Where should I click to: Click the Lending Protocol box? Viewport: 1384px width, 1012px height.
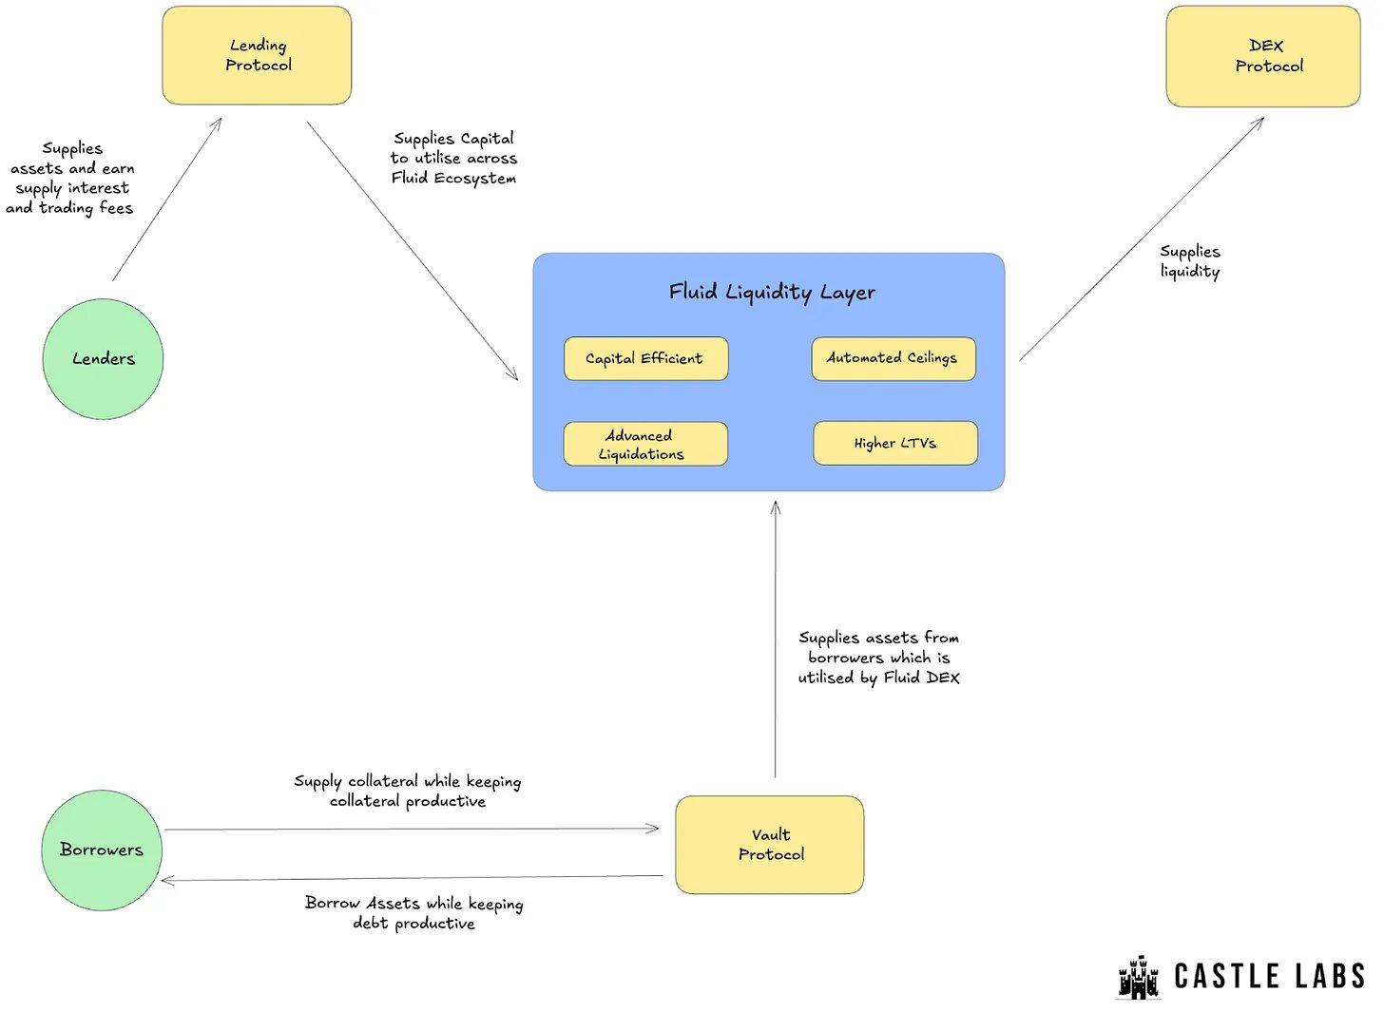(257, 56)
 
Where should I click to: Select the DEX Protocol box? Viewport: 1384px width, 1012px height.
(1263, 56)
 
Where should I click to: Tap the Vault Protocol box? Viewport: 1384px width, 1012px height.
(770, 845)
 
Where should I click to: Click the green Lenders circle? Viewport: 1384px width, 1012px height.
(104, 359)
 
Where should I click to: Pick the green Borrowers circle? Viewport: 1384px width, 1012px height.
(102, 850)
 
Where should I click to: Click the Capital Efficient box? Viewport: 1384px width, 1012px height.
(646, 358)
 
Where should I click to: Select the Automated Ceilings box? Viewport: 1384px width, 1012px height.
(894, 358)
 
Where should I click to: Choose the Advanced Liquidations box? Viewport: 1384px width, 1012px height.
(645, 444)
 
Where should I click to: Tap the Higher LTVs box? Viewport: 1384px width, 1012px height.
(895, 443)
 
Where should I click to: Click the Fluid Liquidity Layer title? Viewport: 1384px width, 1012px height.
(772, 293)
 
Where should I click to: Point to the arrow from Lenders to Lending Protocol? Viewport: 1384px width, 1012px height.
(167, 199)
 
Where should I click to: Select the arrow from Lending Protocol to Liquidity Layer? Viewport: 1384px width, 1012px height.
(413, 251)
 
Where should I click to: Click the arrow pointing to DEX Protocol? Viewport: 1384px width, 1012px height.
(1142, 239)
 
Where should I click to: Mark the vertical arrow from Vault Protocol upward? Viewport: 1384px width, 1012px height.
(776, 640)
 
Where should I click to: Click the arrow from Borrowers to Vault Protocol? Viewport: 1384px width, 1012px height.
(413, 830)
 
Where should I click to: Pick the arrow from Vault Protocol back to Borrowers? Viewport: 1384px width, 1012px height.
(413, 878)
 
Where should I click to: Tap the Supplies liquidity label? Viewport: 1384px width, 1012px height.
(1190, 262)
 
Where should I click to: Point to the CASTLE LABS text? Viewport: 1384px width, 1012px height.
(1270, 977)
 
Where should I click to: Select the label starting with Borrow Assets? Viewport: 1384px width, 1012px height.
(414, 913)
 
